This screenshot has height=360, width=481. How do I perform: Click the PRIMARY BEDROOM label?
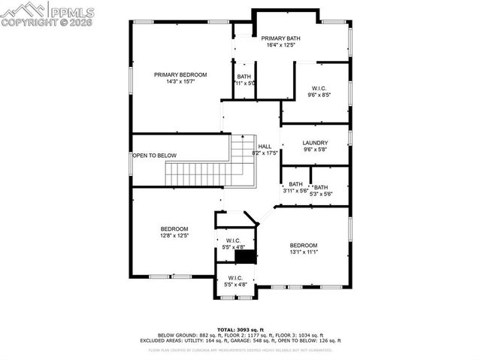click(180, 74)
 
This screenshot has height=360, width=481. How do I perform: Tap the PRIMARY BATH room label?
click(280, 38)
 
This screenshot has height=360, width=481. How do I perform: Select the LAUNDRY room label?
click(315, 143)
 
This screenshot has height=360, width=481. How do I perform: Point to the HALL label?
click(265, 147)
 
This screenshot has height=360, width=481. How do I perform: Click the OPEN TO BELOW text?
click(155, 156)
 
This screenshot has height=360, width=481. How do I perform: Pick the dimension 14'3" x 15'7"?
click(180, 82)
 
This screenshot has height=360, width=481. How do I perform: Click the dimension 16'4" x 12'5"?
click(280, 45)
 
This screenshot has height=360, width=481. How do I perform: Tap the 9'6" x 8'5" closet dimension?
click(318, 95)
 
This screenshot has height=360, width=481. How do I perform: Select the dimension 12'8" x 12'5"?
click(174, 235)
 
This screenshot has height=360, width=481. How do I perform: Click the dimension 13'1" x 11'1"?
click(304, 253)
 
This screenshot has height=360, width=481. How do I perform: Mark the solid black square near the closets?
click(244, 256)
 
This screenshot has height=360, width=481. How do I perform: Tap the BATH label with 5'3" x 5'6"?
click(321, 187)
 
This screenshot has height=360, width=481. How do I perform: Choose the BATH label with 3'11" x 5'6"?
click(295, 184)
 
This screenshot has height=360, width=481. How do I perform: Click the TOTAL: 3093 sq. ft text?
click(240, 329)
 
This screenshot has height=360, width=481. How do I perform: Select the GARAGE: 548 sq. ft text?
click(256, 340)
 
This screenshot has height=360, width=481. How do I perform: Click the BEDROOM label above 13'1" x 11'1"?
click(304, 245)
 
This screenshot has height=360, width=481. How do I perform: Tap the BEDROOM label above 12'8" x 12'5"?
click(174, 228)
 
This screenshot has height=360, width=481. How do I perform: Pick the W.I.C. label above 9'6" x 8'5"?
click(318, 88)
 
